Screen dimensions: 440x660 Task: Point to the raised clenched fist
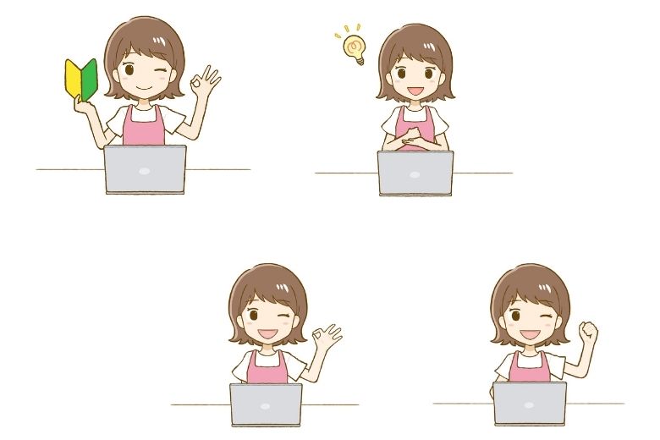587,333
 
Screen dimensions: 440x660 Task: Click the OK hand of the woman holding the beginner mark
205,82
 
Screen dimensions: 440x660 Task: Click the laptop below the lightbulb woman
415,173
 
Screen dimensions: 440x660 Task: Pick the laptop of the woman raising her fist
530,403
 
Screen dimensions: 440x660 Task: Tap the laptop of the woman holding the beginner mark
146,168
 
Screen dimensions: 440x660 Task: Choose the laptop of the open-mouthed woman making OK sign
266,404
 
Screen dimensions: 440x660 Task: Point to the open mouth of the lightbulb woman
415,88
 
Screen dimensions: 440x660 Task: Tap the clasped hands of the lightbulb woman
415,136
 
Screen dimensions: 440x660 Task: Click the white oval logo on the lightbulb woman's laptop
415,174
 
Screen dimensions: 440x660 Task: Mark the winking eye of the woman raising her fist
547,319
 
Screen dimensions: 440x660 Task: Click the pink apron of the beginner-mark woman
144,127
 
